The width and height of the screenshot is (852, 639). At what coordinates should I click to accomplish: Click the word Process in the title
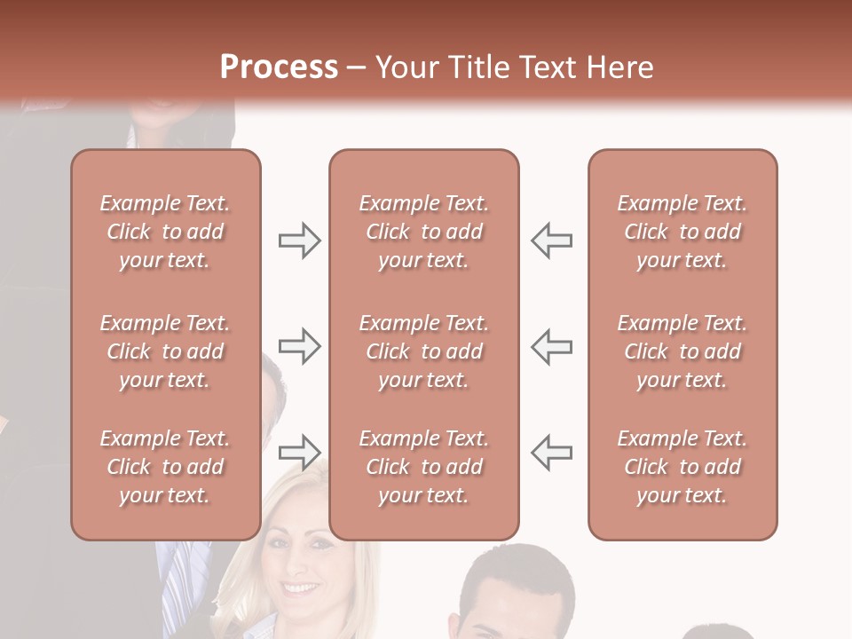coord(279,67)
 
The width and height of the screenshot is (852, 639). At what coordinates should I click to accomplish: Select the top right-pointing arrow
coord(299,241)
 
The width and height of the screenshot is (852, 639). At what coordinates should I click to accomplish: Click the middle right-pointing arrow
coord(299,346)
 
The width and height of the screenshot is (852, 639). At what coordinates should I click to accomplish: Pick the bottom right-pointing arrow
coord(299,453)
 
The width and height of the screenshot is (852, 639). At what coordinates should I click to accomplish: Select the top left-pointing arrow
coord(551,241)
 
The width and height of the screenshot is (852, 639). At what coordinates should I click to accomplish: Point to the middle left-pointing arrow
coord(551,346)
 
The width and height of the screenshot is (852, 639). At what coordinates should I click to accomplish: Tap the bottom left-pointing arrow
coord(551,453)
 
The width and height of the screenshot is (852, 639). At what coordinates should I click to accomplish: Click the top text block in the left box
coord(165,232)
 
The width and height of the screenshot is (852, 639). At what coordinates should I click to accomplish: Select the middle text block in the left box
coord(165,351)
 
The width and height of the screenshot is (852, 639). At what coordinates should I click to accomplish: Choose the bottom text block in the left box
coord(165,467)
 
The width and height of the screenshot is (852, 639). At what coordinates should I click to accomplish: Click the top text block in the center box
coord(424,232)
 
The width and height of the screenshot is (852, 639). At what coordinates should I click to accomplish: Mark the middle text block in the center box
coord(424,351)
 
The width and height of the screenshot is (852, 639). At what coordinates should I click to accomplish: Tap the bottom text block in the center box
coord(424,467)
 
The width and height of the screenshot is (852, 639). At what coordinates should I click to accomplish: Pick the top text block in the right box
coord(682,232)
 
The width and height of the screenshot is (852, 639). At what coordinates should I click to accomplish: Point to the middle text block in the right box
coord(682,351)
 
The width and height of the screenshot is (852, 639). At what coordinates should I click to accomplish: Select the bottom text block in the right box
coord(682,467)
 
